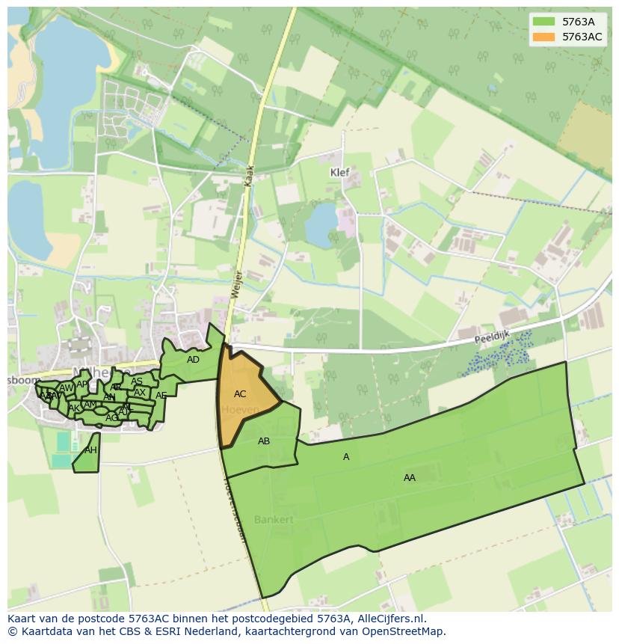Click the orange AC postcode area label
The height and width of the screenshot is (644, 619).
[x=240, y=394]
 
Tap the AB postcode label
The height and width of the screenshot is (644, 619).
[x=264, y=441]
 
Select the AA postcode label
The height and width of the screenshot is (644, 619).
[x=410, y=478]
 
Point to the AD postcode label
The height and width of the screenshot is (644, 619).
[x=193, y=360]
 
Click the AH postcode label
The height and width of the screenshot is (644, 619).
[x=90, y=450]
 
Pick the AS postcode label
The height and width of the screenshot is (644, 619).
[x=137, y=381]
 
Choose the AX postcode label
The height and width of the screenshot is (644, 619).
[x=140, y=393]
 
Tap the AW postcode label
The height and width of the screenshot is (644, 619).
[x=67, y=388]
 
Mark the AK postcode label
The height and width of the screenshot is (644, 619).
[x=74, y=408]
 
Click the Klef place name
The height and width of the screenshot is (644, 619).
[x=340, y=172]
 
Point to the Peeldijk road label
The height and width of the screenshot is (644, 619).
[x=491, y=339]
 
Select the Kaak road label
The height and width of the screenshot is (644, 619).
[x=250, y=177]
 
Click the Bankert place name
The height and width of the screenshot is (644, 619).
[x=274, y=519]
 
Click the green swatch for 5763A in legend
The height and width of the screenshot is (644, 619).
[x=543, y=22]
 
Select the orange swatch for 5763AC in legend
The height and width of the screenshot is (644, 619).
[x=543, y=37]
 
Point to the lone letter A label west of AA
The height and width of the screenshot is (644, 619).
[x=346, y=457]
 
